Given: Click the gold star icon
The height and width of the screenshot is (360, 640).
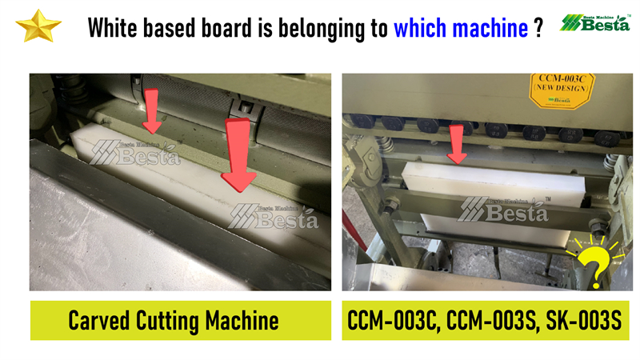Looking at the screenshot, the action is click(38, 26).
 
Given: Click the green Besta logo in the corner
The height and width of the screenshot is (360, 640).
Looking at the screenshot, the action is click(595, 23).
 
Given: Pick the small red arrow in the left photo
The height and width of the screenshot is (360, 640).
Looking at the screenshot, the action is click(152, 111).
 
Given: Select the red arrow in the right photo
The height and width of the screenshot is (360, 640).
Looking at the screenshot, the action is click(457, 144).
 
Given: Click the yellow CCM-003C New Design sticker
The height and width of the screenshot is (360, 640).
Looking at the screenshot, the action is click(562, 90).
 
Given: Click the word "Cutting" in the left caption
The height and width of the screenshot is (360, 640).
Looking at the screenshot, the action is click(167, 322).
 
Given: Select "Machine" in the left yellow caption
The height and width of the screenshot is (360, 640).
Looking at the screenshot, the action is click(242, 321).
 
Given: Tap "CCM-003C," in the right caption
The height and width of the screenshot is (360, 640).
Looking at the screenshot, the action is click(394, 321).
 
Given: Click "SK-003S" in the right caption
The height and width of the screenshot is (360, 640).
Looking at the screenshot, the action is click(584, 321).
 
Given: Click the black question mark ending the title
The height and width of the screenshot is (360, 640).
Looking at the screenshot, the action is click(538, 28).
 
